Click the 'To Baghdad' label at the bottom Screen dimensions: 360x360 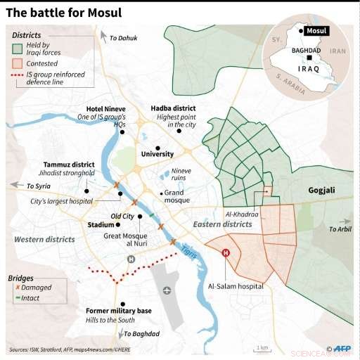tap(140, 333)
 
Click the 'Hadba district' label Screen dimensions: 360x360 tap(173, 108)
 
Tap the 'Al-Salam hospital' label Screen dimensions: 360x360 tap(236, 287)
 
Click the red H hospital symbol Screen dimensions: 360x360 tap(226, 254)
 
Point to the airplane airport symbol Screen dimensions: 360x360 tap(167, 290)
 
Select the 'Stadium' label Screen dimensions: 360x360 tap(99, 226)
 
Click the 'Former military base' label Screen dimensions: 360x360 tap(118, 310)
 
